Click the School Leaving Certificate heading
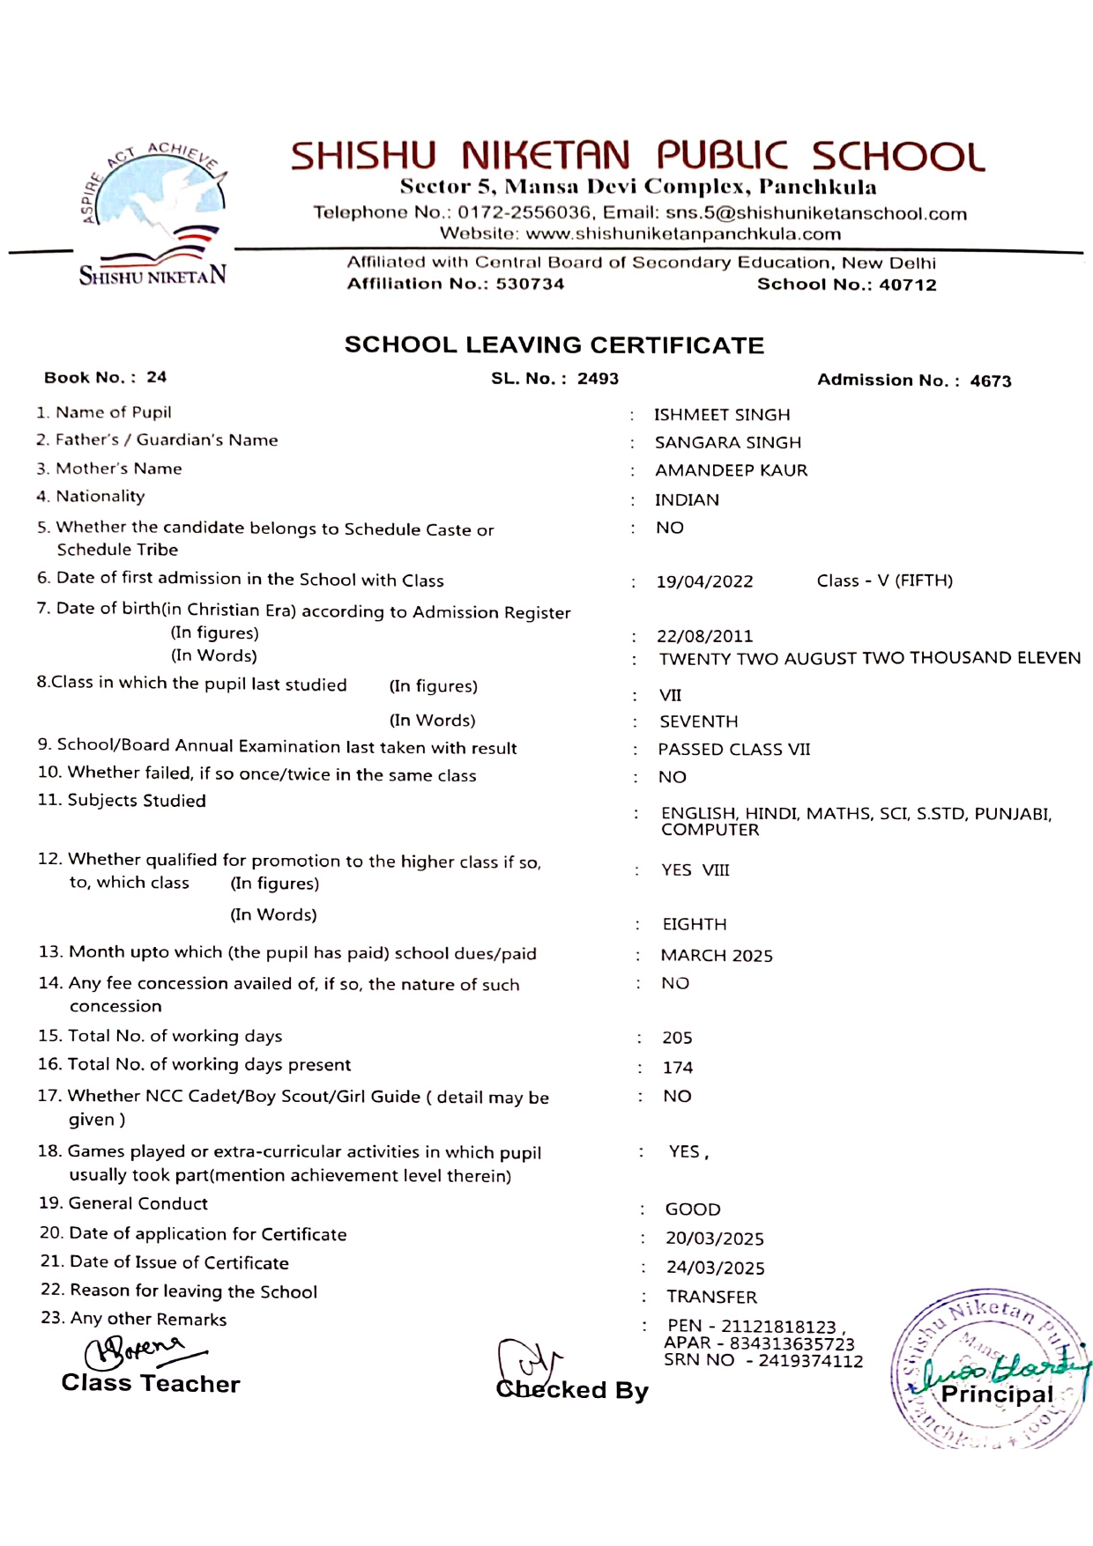pos(554,344)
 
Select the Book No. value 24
pos(156,377)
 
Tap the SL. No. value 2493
pos(598,379)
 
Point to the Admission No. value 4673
pos(991,381)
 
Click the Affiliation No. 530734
pos(530,284)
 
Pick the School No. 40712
pos(907,285)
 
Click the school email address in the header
pos(816,213)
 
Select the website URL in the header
pos(683,234)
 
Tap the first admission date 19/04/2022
pos(704,581)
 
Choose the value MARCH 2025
pos(717,956)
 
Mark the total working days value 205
pos(677,1039)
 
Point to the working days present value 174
pos(678,1068)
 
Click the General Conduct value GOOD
pos(693,1209)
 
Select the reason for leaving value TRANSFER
pos(711,1297)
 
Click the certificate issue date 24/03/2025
pos(715,1268)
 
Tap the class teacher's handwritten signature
pos(141,1350)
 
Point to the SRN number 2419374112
pos(810,1361)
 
